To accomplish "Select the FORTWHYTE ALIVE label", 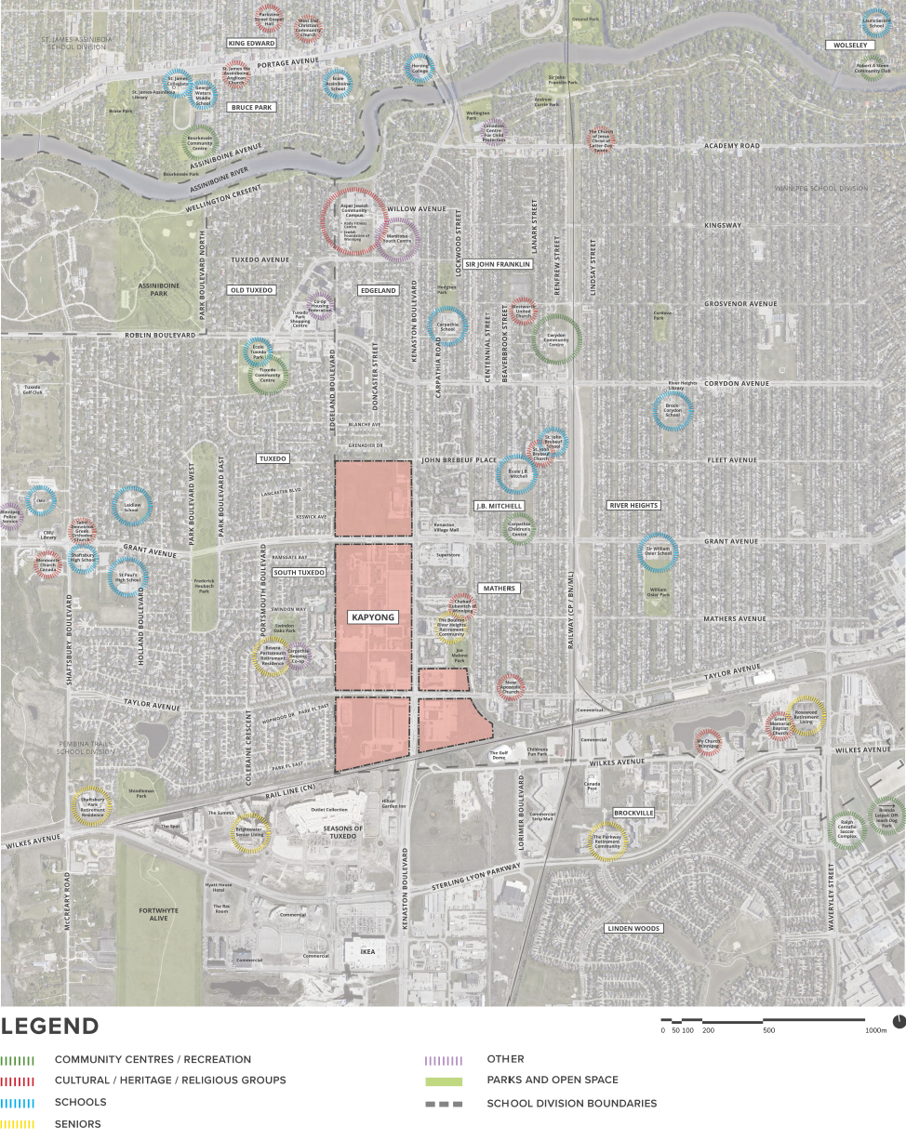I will pyautogui.click(x=152, y=913).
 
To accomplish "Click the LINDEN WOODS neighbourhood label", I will pyautogui.click(x=633, y=929).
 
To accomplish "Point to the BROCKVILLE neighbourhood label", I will pyautogui.click(x=633, y=813).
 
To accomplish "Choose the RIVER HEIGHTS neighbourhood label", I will pyautogui.click(x=633, y=505).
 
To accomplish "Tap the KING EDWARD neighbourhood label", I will pyautogui.click(x=251, y=44).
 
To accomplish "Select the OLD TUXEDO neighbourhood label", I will pyautogui.click(x=251, y=290).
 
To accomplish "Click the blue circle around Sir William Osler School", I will pyautogui.click(x=658, y=551).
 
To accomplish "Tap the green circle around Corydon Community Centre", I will pyautogui.click(x=556, y=339).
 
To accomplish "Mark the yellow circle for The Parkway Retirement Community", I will pyautogui.click(x=606, y=842).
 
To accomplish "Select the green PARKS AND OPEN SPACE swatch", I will pyautogui.click(x=444, y=1081).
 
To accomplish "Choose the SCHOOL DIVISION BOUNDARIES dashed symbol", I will pyautogui.click(x=444, y=1104).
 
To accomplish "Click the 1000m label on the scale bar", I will pyautogui.click(x=876, y=1030).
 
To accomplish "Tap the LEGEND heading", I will pyautogui.click(x=50, y=1027).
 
